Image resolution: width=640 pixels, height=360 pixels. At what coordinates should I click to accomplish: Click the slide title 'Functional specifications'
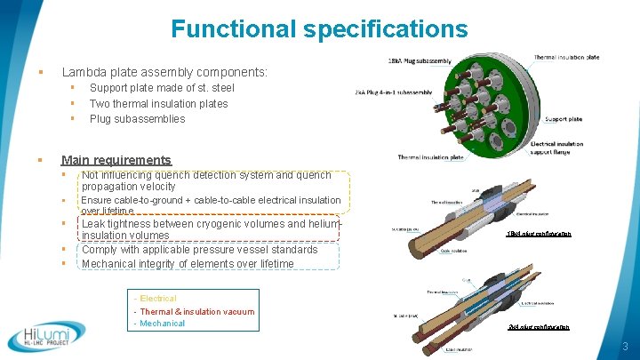319,29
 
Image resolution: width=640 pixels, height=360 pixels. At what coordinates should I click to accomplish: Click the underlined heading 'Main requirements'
116,160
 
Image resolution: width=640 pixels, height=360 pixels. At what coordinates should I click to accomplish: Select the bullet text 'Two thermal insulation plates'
158,104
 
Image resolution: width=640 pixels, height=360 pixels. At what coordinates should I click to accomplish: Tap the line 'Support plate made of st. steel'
162,89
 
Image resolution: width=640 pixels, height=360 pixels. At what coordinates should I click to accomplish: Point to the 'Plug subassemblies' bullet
137,119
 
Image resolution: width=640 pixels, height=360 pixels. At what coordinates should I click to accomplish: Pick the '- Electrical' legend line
155,299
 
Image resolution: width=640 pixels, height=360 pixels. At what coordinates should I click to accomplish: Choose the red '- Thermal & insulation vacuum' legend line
194,311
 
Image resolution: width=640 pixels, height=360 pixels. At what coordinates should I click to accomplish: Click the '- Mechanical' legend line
159,324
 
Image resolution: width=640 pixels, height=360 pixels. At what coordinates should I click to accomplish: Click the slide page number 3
626,347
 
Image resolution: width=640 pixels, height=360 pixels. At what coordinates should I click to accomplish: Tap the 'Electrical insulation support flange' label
558,148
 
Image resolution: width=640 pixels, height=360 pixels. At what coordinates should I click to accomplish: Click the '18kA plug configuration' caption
538,234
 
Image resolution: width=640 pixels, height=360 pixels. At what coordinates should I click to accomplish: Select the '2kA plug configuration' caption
538,327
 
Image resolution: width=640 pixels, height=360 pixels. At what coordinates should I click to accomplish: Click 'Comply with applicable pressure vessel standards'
199,250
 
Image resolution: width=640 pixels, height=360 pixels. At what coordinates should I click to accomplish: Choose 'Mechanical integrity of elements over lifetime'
188,264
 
